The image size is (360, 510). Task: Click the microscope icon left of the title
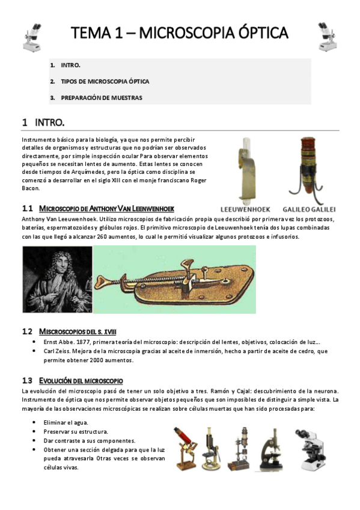coord(32,37)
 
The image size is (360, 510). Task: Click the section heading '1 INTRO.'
coord(43,123)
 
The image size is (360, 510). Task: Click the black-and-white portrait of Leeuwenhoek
coord(57,279)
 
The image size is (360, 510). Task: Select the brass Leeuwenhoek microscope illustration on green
coord(174,279)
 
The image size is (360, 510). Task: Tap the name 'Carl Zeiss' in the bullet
coord(59,352)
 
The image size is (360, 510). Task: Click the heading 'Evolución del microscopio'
coord(81,381)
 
